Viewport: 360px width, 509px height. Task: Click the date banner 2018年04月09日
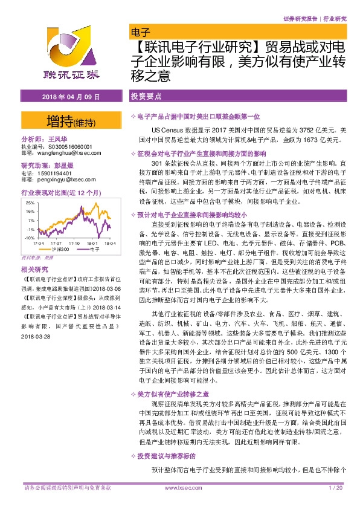point(68,97)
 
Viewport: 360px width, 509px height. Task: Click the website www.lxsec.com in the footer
point(180,488)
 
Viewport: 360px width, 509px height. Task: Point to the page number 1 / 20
point(335,488)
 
